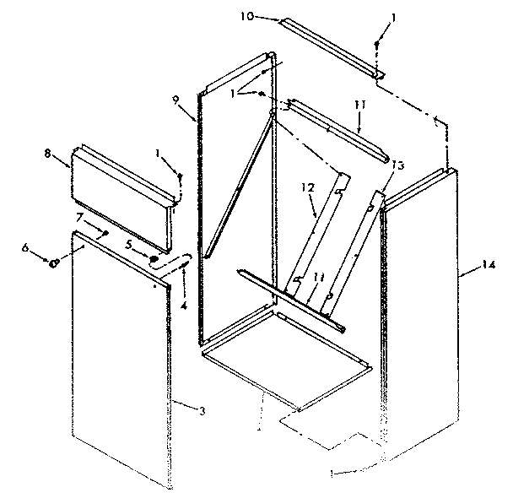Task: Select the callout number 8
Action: click(x=48, y=154)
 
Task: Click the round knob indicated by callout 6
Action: click(x=54, y=263)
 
